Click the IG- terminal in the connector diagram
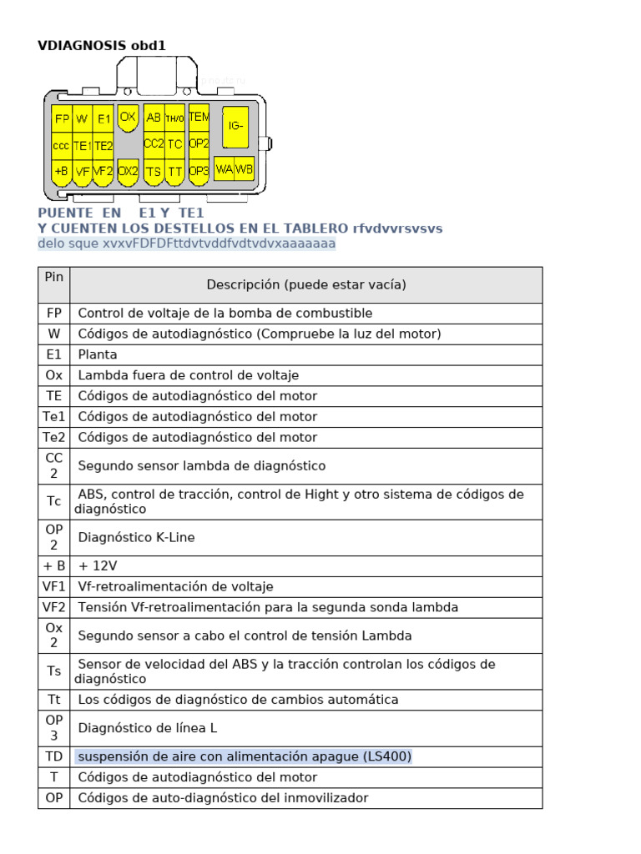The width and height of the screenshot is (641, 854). click(x=235, y=126)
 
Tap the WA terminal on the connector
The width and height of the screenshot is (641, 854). click(x=224, y=169)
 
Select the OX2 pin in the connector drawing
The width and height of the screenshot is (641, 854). click(x=128, y=171)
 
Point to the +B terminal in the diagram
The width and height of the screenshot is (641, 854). click(x=62, y=171)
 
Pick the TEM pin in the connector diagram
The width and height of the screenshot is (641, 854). click(x=199, y=117)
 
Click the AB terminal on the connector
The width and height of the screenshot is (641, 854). click(x=154, y=118)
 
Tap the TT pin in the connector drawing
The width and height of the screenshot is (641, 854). click(x=174, y=171)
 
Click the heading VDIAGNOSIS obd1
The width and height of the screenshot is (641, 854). click(x=102, y=45)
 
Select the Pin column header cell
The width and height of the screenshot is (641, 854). click(x=54, y=275)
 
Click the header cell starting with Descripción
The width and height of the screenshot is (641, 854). click(x=306, y=285)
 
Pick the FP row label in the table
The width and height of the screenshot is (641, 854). click(x=54, y=314)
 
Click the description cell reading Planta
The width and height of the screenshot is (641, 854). click(x=98, y=354)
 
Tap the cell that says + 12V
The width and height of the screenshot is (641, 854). click(x=98, y=566)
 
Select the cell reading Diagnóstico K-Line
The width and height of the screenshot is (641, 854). click(x=136, y=538)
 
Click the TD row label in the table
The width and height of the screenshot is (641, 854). click(x=54, y=757)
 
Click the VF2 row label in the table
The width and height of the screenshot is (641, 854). click(x=54, y=608)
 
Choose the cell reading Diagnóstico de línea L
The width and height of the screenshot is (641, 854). click(x=147, y=728)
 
